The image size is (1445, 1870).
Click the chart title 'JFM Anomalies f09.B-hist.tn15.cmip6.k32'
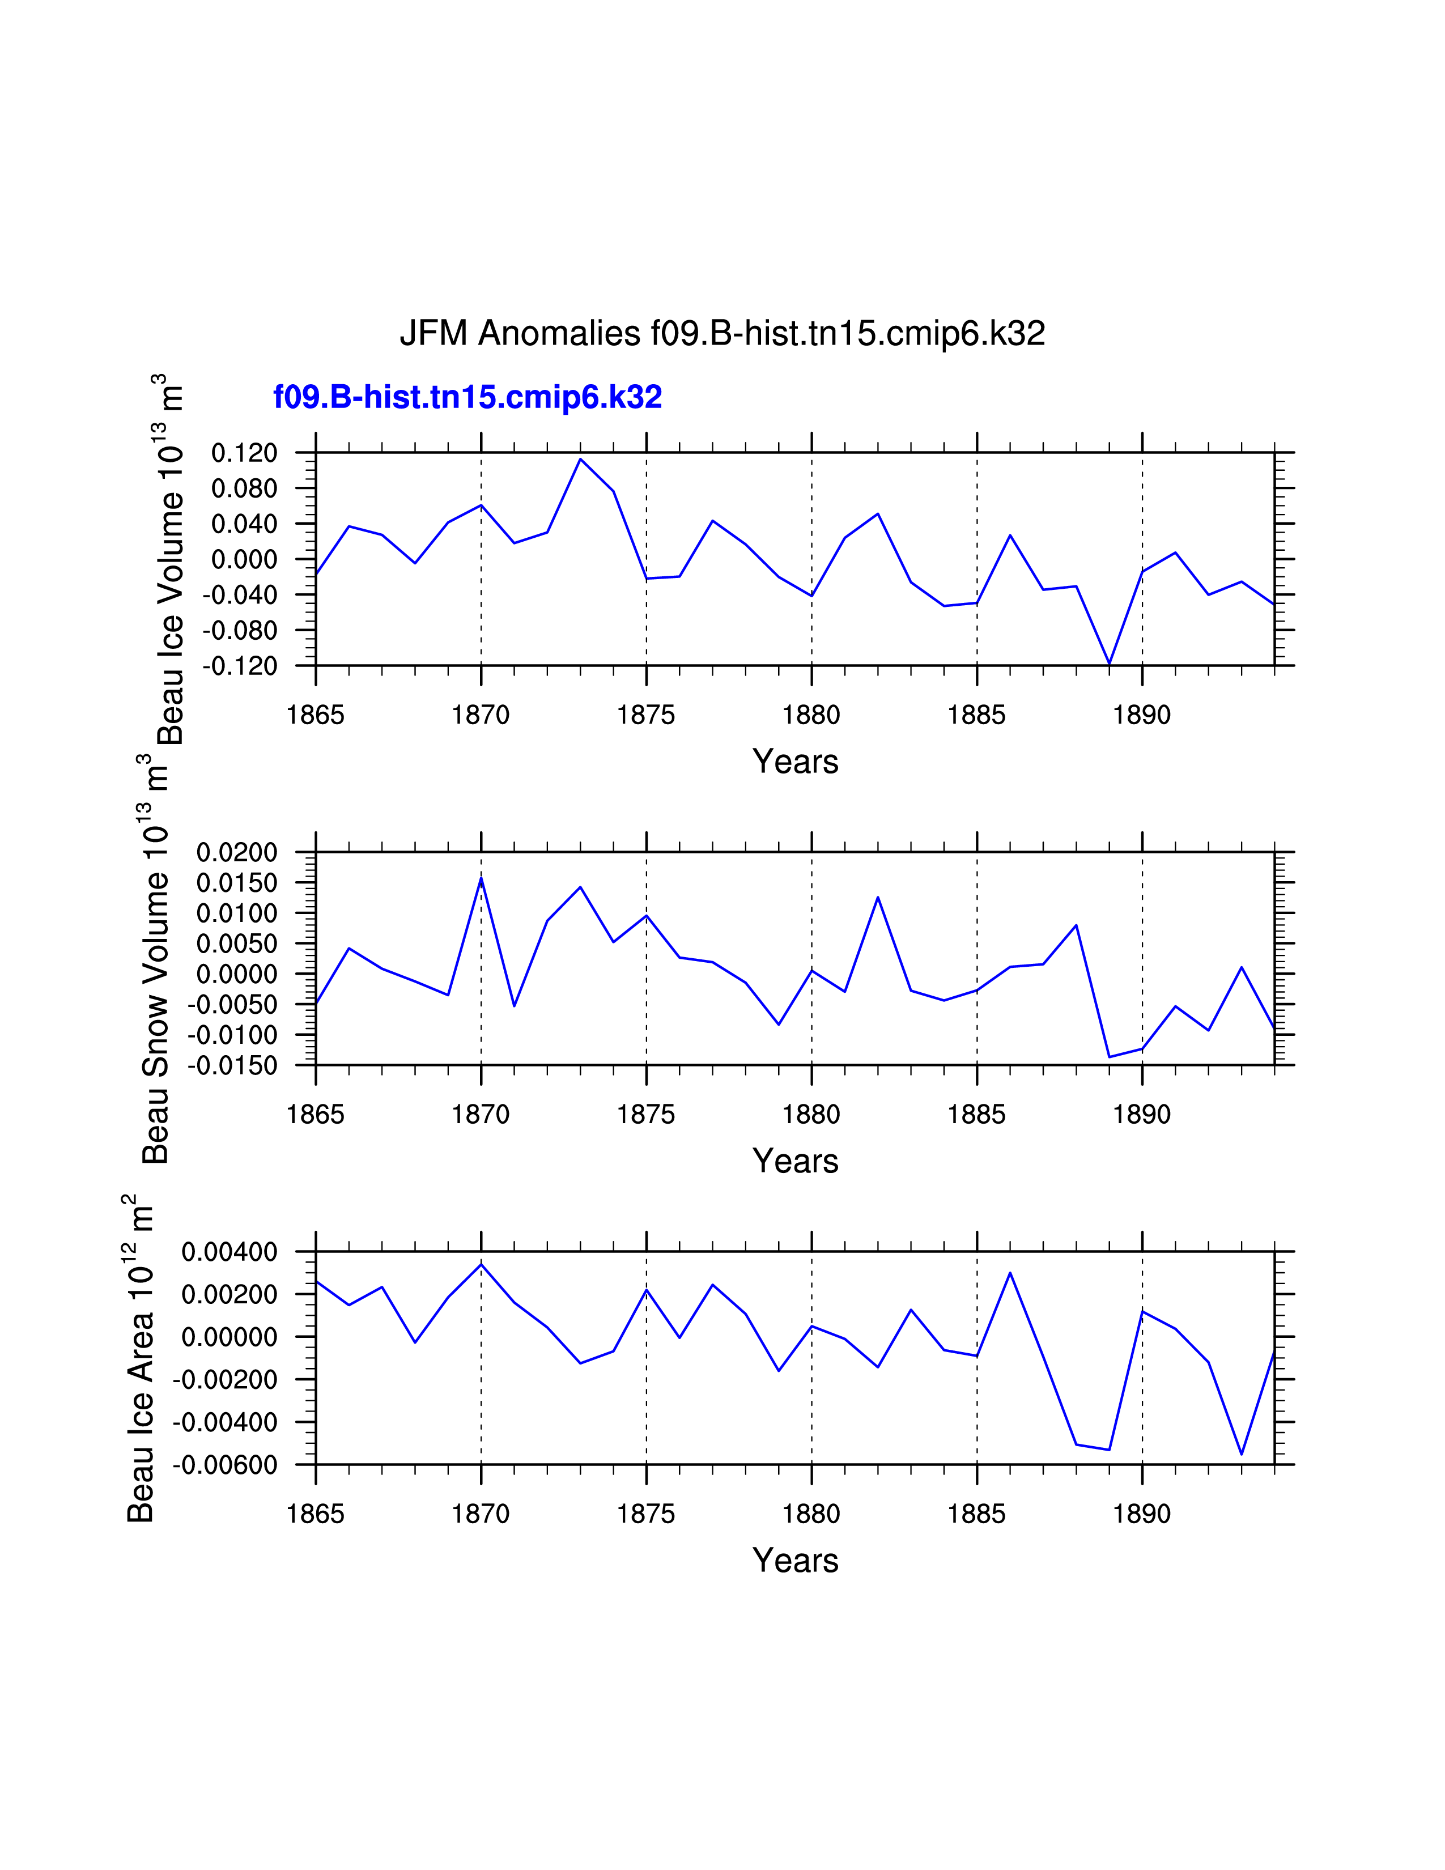[722, 333]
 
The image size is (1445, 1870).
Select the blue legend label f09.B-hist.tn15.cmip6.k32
[467, 397]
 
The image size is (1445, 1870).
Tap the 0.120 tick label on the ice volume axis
[245, 453]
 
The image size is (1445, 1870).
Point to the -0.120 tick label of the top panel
[240, 666]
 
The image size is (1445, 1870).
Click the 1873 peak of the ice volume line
[580, 459]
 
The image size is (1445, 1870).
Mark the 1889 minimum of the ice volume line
[1110, 664]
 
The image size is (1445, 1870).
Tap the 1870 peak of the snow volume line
[481, 878]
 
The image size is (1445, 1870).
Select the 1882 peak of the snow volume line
[877, 898]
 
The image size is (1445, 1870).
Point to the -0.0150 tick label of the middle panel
[233, 1066]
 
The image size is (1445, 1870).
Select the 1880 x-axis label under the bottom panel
[811, 1514]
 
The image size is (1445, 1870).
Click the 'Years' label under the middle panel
[795, 1161]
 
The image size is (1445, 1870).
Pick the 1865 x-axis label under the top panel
[315, 715]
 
